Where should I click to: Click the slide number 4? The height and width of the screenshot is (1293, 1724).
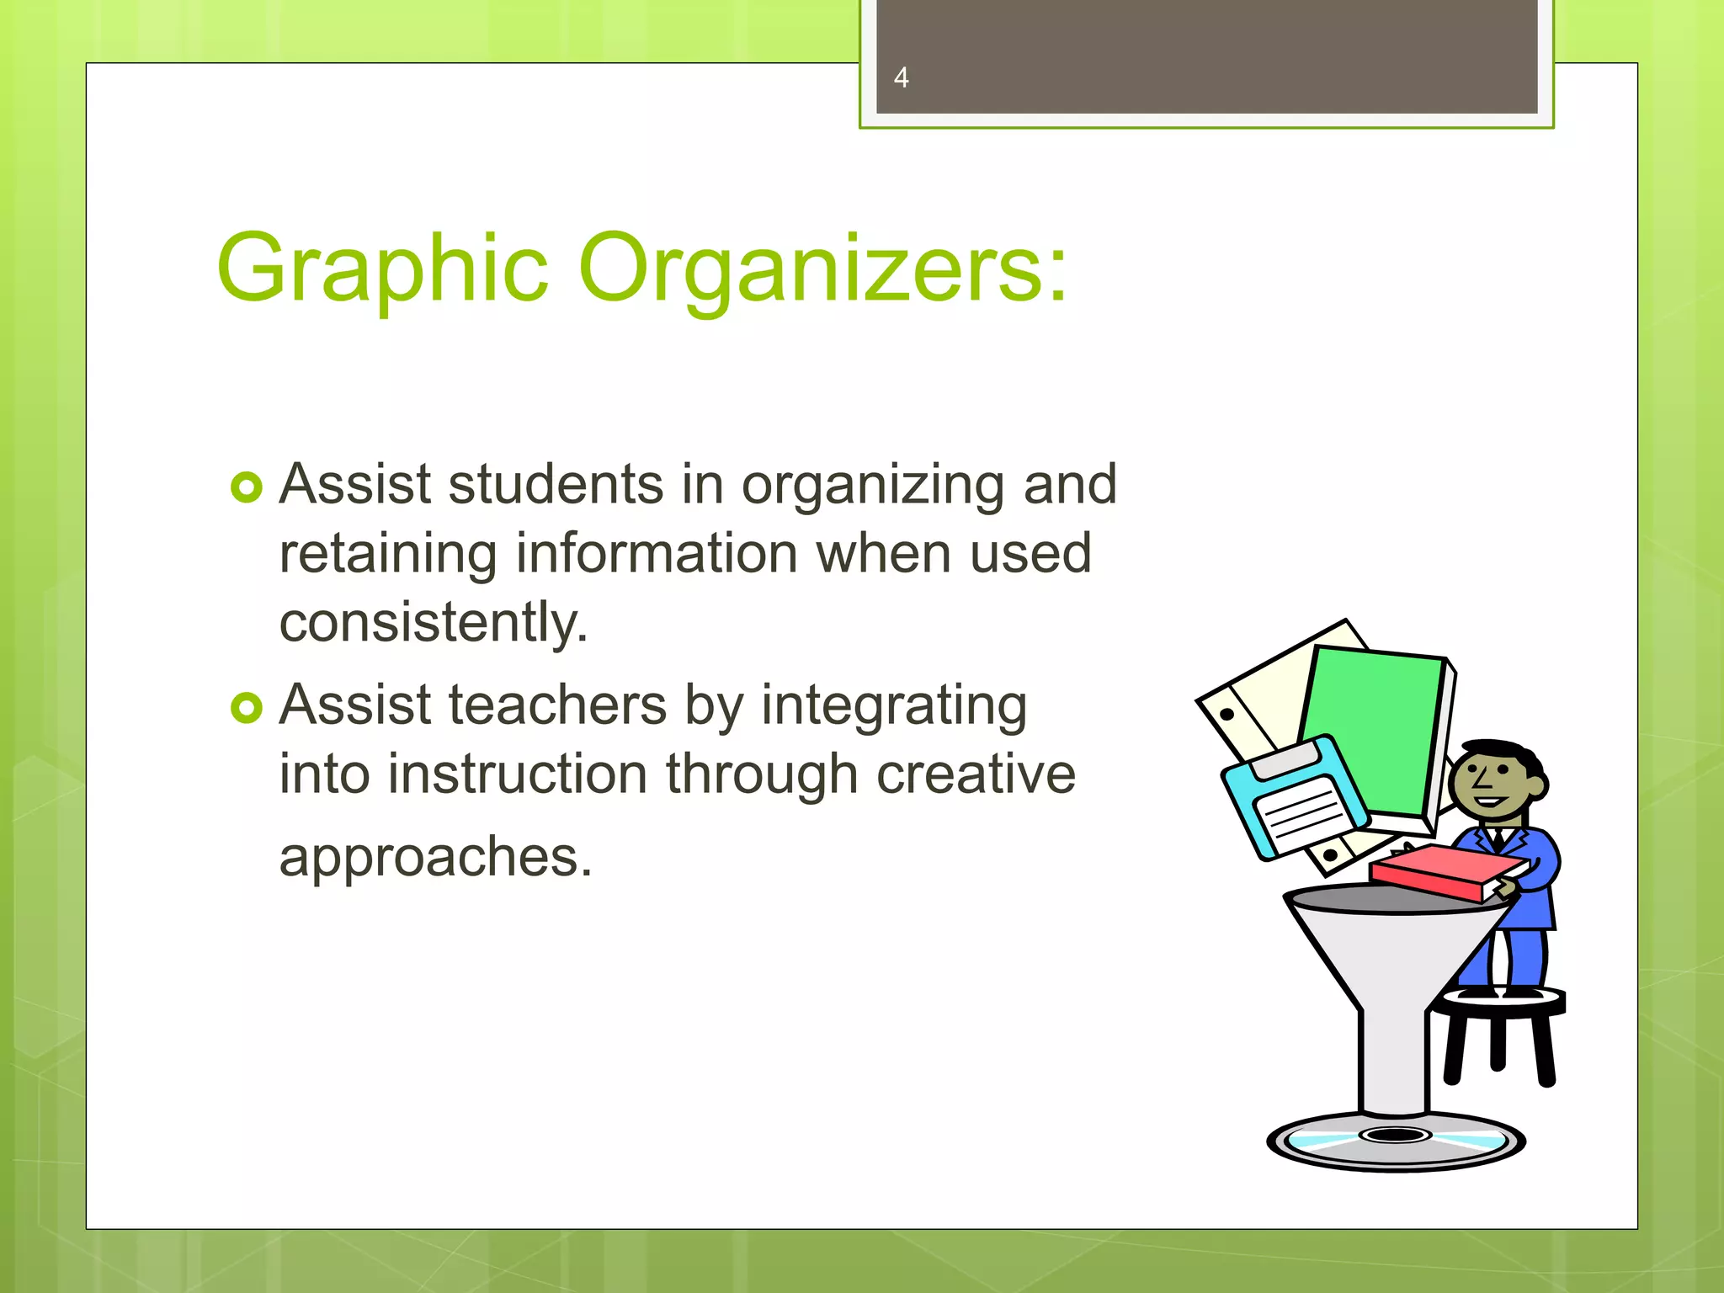(x=901, y=77)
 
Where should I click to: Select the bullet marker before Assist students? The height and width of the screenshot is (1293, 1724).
(x=247, y=487)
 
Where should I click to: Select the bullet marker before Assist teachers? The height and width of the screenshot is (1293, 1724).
(x=247, y=708)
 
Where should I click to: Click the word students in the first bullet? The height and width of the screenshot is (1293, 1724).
(x=556, y=485)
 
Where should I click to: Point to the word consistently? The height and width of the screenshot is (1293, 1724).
(x=433, y=624)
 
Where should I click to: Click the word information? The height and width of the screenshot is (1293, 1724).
(x=656, y=554)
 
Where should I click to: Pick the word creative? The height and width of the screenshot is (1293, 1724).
(x=976, y=774)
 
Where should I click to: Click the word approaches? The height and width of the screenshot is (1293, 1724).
(x=435, y=857)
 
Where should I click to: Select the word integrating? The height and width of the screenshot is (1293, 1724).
(x=894, y=706)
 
